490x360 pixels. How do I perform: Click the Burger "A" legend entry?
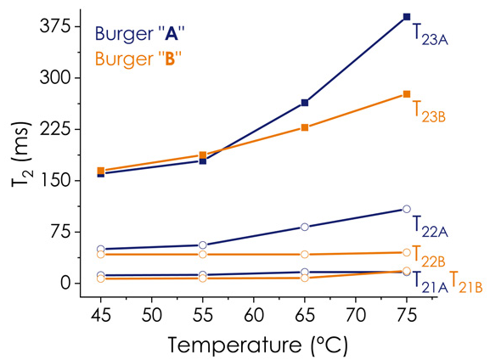(142, 34)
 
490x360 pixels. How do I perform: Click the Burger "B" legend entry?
(142, 59)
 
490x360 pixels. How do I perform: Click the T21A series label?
(430, 282)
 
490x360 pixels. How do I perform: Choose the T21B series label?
(466, 282)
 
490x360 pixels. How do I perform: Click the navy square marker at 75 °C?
(407, 17)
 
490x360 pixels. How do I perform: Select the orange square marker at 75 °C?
(407, 94)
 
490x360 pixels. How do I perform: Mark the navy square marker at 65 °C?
(305, 103)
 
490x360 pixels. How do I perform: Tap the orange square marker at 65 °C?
(305, 127)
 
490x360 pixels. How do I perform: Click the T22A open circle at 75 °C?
(407, 209)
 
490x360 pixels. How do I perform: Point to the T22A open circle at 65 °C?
(305, 227)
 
